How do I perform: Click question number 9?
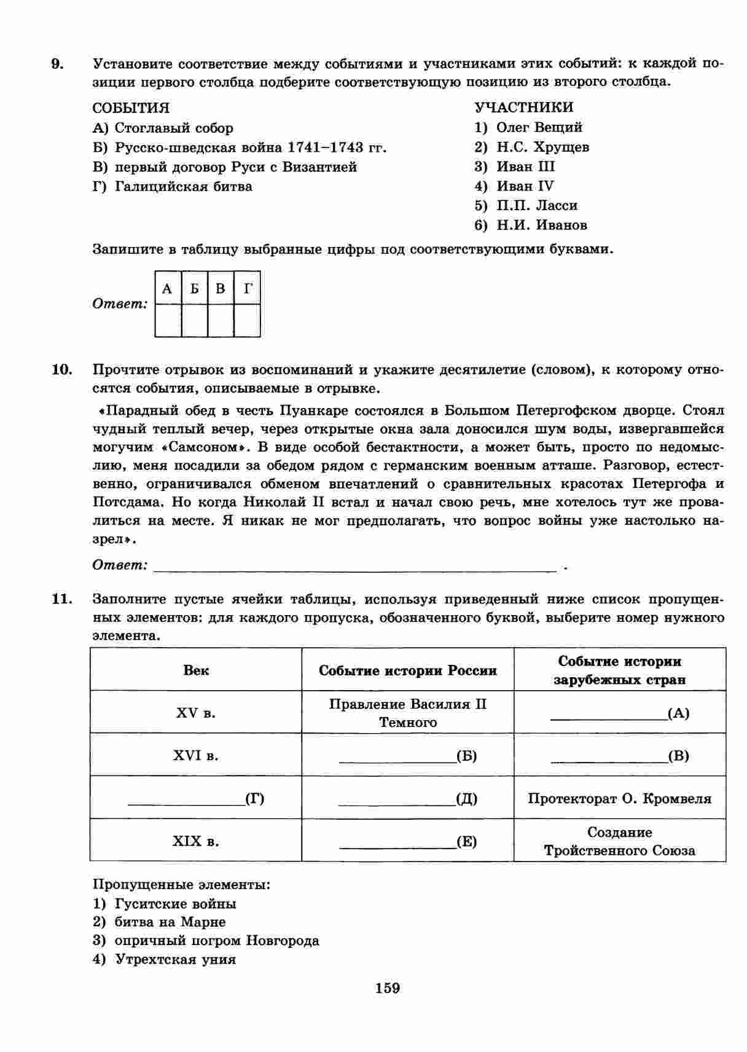(57, 64)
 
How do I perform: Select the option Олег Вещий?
(539, 128)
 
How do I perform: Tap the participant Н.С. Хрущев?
(542, 147)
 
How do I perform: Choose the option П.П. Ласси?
(536, 206)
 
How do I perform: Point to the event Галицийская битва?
(183, 187)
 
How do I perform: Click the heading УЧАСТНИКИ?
(524, 108)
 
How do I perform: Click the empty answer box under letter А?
(168, 320)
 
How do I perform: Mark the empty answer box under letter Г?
(248, 320)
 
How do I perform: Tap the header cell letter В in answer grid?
(221, 288)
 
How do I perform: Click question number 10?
(61, 370)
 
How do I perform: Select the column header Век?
(196, 670)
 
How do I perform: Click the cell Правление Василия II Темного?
(408, 713)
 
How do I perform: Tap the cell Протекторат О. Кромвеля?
(619, 799)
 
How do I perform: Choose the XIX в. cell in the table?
(196, 841)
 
